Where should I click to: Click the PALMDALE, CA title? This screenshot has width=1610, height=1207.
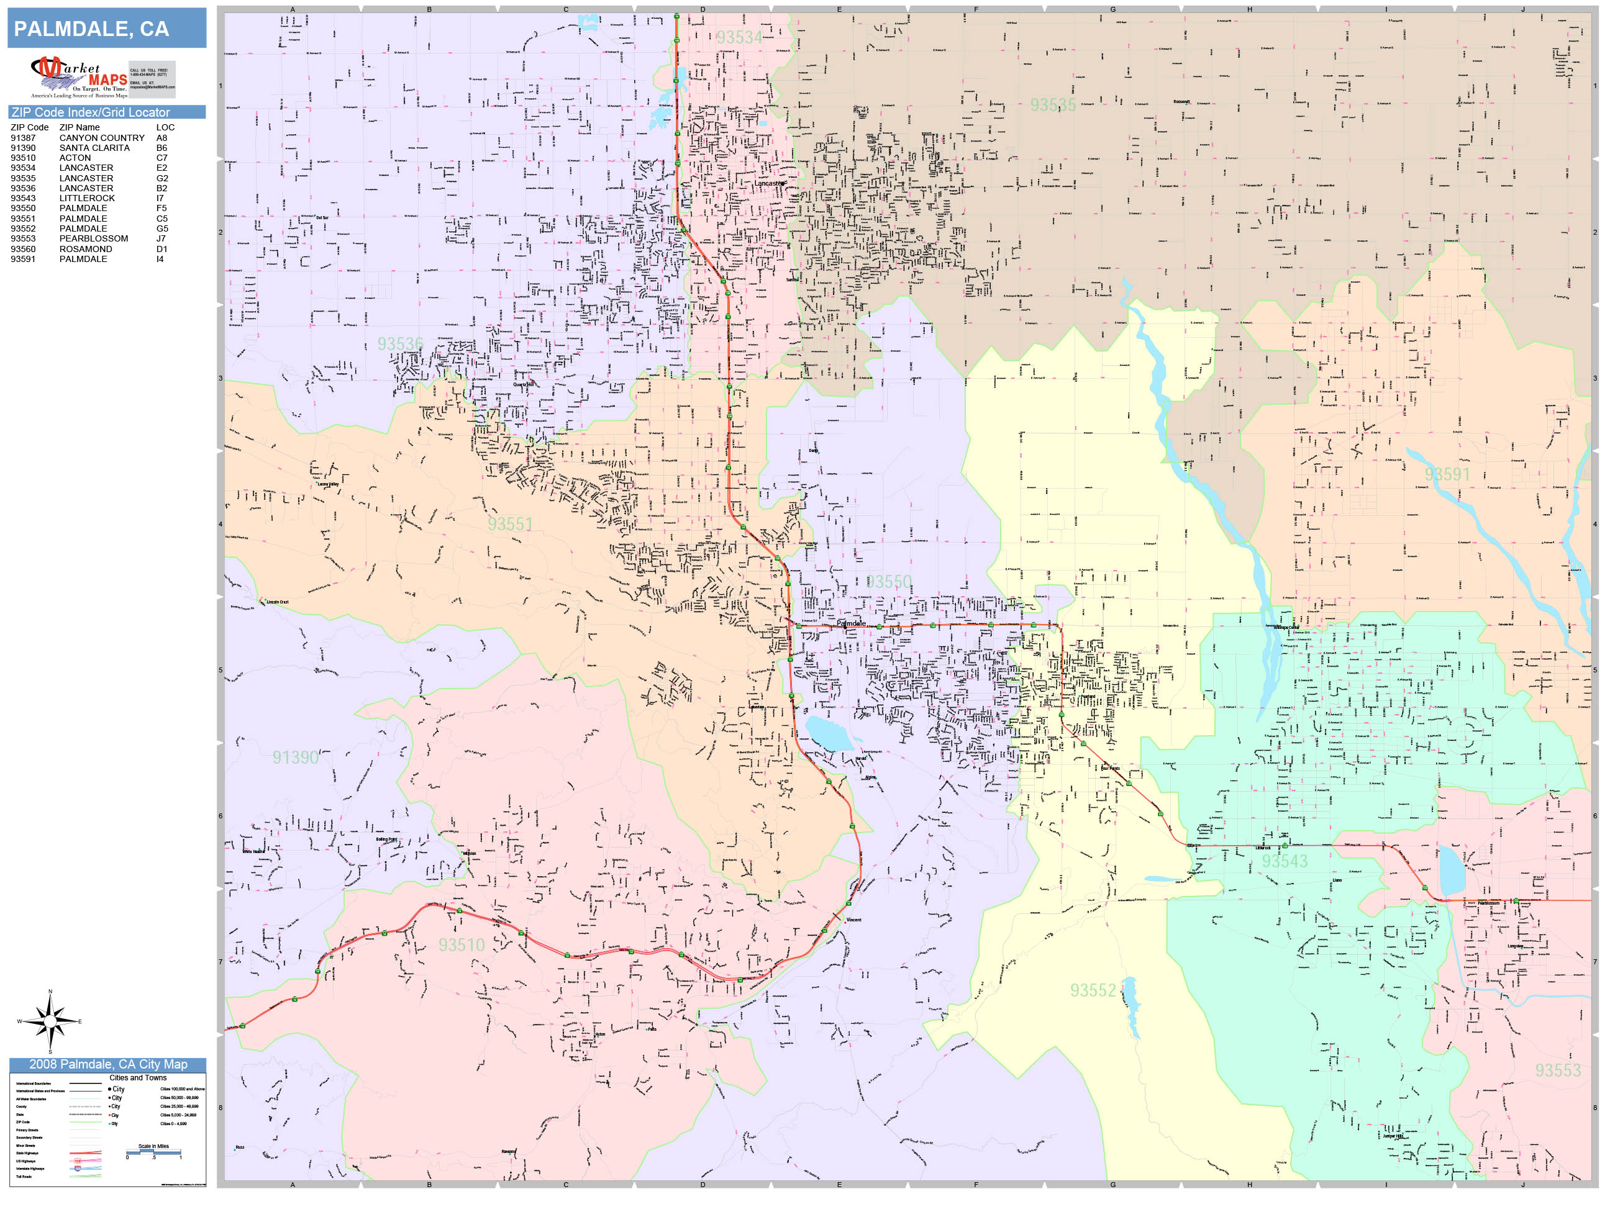(92, 29)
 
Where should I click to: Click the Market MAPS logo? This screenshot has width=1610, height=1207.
(79, 77)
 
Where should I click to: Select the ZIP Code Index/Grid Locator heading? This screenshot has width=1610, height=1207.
(90, 112)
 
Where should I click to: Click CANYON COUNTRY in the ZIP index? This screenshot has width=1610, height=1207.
(102, 137)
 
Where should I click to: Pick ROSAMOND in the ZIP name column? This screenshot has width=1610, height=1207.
(86, 249)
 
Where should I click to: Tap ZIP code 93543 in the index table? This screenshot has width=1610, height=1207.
(22, 198)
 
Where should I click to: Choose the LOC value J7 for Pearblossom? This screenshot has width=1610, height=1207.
(161, 238)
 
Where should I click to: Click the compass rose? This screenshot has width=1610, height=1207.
(50, 1021)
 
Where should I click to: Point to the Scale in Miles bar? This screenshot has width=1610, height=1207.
(153, 1152)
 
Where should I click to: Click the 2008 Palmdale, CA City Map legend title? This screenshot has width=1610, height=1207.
(107, 1064)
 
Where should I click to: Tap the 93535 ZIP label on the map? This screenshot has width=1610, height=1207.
(1052, 106)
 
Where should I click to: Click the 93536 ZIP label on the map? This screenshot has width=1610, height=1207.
(399, 344)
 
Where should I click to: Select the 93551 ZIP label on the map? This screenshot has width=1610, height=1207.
(510, 525)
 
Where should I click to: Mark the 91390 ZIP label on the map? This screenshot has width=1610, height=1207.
(296, 757)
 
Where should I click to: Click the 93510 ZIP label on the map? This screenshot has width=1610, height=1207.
(461, 945)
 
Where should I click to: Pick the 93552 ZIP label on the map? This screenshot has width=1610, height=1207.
(1093, 991)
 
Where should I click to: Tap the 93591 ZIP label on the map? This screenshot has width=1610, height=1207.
(1447, 474)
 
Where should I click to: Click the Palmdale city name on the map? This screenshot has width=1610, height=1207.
(851, 623)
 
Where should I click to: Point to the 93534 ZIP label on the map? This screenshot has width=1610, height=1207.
(740, 37)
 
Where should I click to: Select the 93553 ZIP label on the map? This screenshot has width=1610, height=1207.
(1558, 1071)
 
